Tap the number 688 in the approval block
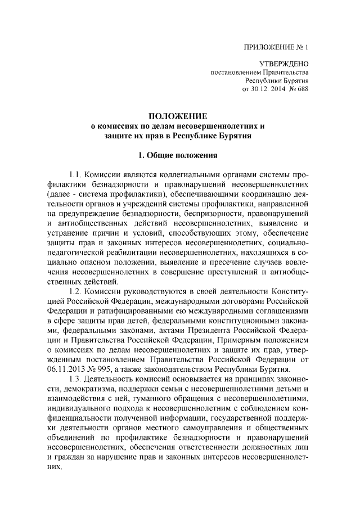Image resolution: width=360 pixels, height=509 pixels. [x=301, y=89]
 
